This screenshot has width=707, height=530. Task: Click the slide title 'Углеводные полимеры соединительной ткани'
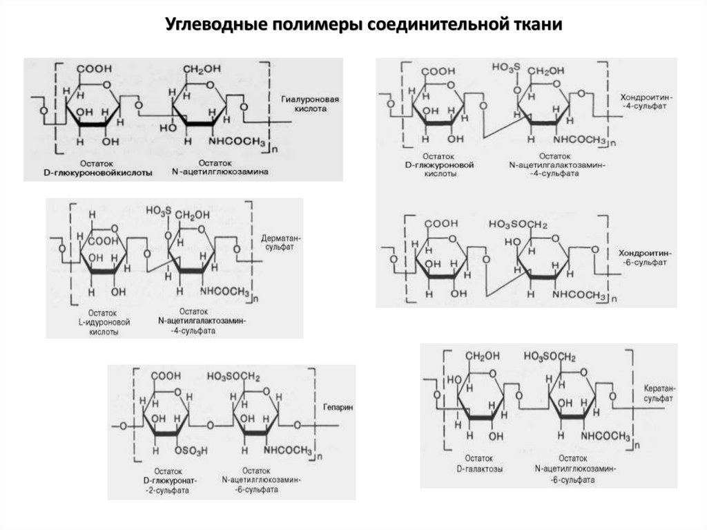point(365,25)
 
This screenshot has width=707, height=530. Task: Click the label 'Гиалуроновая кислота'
point(307,104)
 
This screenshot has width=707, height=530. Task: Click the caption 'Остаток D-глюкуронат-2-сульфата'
point(166,479)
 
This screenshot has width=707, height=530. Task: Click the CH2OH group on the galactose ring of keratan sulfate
point(481,357)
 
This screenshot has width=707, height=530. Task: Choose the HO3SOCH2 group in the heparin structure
point(233,375)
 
